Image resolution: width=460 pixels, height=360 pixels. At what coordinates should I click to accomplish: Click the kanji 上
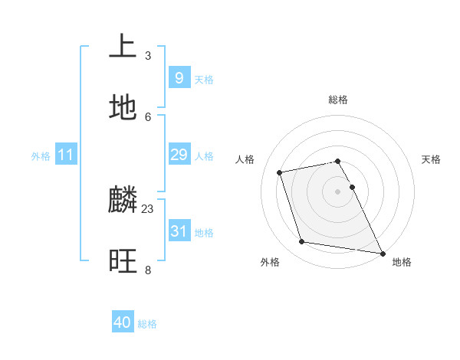click(123, 47)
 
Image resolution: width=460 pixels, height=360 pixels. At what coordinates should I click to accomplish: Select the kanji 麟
click(123, 201)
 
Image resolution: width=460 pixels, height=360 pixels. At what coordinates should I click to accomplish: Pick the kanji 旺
click(123, 260)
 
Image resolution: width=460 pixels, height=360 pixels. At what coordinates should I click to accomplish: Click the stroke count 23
click(148, 208)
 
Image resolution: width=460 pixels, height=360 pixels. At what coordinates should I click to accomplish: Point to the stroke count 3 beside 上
click(148, 56)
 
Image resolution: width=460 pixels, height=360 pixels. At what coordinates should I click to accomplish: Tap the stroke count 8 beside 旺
click(148, 270)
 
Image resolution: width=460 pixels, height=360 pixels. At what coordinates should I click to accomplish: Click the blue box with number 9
click(179, 77)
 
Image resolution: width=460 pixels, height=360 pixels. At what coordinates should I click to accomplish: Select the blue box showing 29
click(179, 155)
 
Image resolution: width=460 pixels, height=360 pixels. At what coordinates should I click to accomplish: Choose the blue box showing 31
click(179, 231)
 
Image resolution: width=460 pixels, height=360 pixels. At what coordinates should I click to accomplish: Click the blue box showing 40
click(123, 322)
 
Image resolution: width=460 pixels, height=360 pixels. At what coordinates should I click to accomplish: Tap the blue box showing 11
click(66, 155)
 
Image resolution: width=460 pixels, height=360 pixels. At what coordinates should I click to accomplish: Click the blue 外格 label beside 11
click(41, 156)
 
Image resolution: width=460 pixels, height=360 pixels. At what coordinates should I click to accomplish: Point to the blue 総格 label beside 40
click(147, 324)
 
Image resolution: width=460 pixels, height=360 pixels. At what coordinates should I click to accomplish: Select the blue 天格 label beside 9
click(203, 80)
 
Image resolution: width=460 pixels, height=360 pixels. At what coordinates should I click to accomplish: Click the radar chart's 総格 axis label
click(337, 100)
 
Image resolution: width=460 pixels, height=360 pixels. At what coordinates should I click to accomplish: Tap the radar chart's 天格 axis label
click(431, 159)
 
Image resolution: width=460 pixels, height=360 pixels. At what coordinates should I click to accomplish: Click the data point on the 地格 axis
click(381, 252)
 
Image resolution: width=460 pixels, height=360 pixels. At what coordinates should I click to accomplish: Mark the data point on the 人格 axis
click(280, 172)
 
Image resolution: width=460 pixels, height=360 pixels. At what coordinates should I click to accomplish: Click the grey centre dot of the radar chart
click(337, 191)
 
